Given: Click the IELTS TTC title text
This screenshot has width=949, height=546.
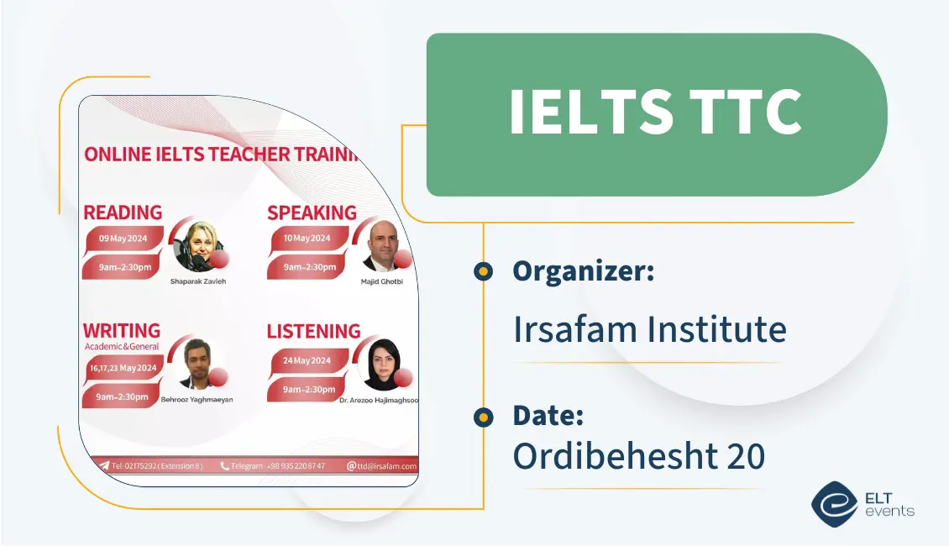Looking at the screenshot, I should tap(655, 113).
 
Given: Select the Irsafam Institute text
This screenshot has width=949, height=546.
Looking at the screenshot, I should tap(649, 329).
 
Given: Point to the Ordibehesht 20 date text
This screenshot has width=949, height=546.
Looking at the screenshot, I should tap(638, 455).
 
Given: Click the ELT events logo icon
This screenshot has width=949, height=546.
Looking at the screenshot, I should tap(834, 503).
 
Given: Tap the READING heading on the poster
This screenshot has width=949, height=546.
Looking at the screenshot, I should tap(123, 213).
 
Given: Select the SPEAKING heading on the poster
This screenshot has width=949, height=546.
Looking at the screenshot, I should tap(312, 213).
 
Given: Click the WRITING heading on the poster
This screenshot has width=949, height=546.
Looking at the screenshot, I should tap(122, 330).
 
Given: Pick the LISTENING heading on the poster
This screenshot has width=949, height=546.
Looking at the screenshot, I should tap(313, 331).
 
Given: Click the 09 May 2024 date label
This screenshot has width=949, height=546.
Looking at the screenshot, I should tap(123, 239).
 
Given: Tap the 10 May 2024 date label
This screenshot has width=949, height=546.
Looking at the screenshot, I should tap(307, 238).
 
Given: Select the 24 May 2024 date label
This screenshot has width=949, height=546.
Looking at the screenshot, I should tap(307, 360).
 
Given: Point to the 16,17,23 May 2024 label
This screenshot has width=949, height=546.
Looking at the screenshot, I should tap(123, 368).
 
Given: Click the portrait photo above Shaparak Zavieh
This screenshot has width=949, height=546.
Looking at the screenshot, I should tap(200, 246).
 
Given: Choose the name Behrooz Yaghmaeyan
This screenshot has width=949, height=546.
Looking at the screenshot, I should tap(197, 400).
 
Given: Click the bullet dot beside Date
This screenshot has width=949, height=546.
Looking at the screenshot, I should tap(482, 417).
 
